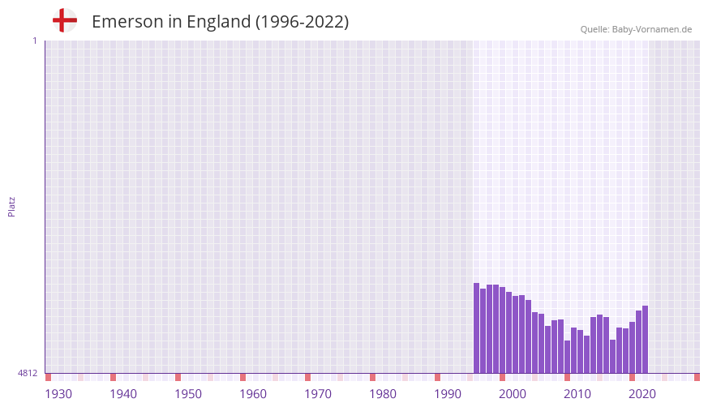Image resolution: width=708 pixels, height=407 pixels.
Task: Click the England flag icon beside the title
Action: tap(64, 21)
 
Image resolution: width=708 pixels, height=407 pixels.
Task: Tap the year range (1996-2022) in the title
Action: tap(302, 22)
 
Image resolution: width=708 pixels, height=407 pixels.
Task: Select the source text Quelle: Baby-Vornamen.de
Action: tap(636, 29)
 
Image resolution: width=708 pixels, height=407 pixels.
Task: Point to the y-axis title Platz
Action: tap(11, 206)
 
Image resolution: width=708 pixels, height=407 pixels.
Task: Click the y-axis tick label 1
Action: tap(34, 41)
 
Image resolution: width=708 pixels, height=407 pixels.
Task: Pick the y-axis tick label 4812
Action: tap(28, 373)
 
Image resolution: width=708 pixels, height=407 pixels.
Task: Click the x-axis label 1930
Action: tap(58, 394)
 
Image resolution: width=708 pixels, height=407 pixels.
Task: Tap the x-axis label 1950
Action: tap(188, 394)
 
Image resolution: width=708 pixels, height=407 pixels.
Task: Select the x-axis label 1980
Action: tap(383, 394)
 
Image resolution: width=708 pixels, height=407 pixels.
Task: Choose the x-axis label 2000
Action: tap(513, 394)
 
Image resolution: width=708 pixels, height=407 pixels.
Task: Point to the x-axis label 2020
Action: tap(642, 394)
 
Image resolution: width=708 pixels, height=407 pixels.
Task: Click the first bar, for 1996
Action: tap(477, 328)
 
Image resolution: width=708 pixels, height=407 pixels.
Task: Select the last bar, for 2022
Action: tap(645, 340)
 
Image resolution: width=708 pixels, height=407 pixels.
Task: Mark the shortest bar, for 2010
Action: tap(568, 357)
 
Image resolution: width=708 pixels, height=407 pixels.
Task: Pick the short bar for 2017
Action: tap(613, 357)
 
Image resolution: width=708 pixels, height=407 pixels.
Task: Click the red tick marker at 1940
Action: tap(114, 377)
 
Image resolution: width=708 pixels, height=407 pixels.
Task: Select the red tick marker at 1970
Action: tap(308, 377)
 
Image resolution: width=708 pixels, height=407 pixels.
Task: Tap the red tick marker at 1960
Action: tap(243, 377)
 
